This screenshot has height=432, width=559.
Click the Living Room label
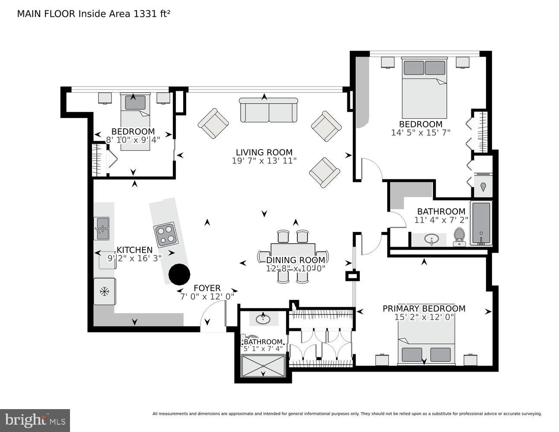coord(264,152)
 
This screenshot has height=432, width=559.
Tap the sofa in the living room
coord(268,110)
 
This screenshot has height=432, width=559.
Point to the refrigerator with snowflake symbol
coord(105,292)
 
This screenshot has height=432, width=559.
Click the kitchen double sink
coord(102,228)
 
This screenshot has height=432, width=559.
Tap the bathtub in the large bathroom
coord(481,223)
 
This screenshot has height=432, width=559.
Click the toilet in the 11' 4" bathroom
coord(459,237)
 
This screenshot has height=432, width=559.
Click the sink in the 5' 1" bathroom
coord(263,319)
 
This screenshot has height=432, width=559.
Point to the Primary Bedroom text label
coord(424,308)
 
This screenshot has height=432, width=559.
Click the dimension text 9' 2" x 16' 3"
coord(134,258)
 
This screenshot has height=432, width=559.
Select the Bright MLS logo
coord(35,420)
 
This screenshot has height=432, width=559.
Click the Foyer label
coord(207,288)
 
